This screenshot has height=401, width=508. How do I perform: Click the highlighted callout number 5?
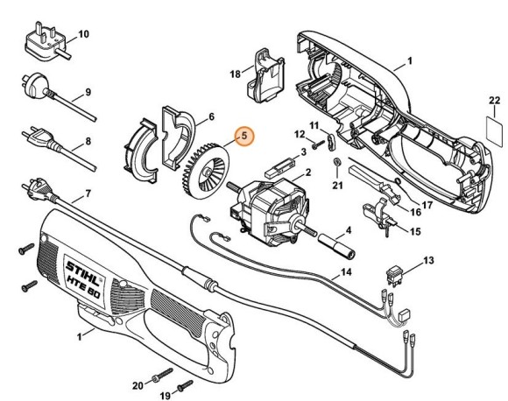[245, 136]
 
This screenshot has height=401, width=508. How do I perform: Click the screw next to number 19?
[183, 383]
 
